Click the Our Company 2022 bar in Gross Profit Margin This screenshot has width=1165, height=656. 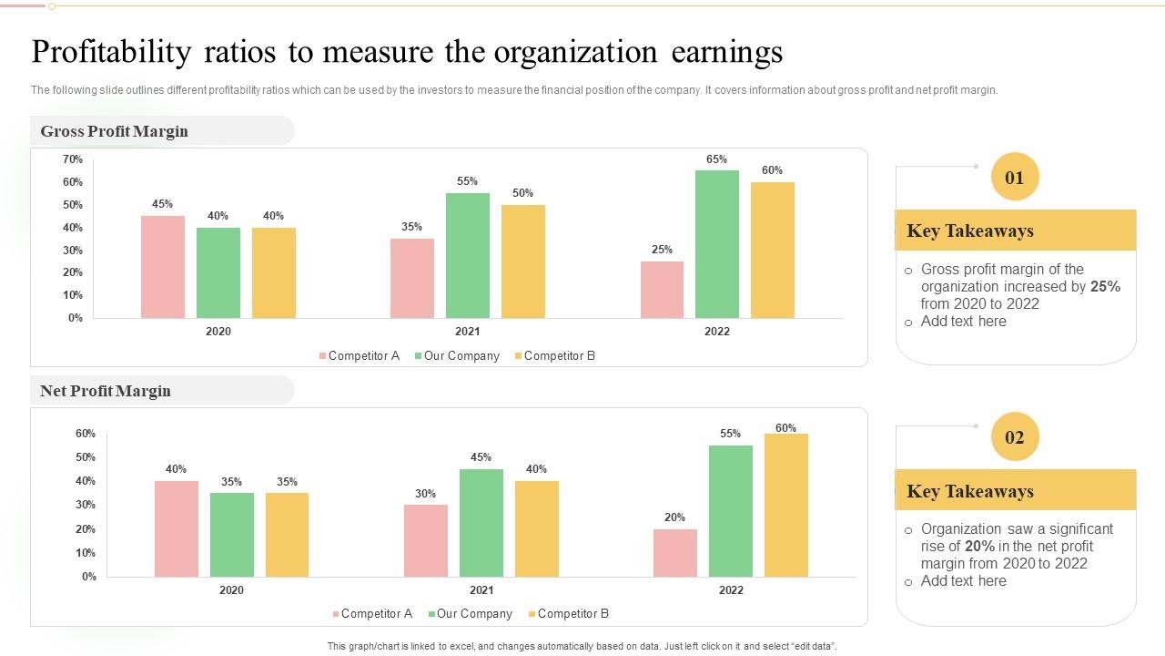pos(717,244)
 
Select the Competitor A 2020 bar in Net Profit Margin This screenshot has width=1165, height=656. pos(177,528)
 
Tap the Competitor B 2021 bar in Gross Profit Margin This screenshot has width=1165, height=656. pos(523,261)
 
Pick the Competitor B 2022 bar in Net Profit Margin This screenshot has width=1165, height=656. pos(786,506)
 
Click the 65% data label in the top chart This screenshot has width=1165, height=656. pos(717,159)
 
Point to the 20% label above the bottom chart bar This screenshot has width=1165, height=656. pos(674,518)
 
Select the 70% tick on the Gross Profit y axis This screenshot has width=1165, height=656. pos(73,159)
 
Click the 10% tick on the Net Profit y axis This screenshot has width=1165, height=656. pos(86,553)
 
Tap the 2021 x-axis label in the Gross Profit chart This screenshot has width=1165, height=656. pos(468,332)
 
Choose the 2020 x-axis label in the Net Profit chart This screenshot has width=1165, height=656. pos(231,590)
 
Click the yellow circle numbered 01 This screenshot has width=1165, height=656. pos(1015,178)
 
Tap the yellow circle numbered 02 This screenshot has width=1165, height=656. pos(1015,437)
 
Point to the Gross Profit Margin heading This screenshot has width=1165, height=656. pos(115,131)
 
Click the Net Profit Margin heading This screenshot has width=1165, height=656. pos(106,391)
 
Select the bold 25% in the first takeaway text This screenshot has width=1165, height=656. pos(1105,287)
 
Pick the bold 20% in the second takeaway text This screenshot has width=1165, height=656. pos(979,547)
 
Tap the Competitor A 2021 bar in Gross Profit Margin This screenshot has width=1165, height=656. pos(412,279)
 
